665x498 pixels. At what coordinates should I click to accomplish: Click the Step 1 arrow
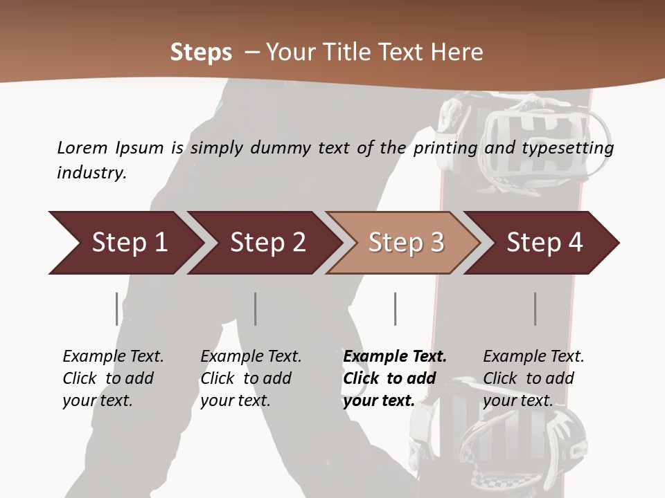[130, 243]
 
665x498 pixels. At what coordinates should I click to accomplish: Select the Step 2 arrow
[267, 243]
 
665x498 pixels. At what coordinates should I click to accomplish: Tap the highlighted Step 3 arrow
[406, 243]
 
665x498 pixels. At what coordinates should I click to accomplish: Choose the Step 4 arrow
[544, 243]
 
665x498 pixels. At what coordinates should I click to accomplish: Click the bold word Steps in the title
[201, 52]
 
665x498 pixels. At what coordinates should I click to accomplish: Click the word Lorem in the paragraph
[82, 147]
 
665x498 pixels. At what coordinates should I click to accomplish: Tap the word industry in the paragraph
[91, 173]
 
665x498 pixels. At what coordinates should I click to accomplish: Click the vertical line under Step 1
[117, 308]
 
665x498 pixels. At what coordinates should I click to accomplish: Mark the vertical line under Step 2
[256, 308]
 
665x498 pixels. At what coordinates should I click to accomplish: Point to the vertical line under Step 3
[395, 308]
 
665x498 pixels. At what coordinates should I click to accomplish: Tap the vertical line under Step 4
[535, 308]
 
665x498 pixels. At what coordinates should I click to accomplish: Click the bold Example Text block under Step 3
[395, 378]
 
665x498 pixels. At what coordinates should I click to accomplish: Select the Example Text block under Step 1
[113, 378]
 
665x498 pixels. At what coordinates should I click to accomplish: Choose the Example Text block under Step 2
[251, 378]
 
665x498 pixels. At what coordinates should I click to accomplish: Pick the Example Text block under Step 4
[533, 378]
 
